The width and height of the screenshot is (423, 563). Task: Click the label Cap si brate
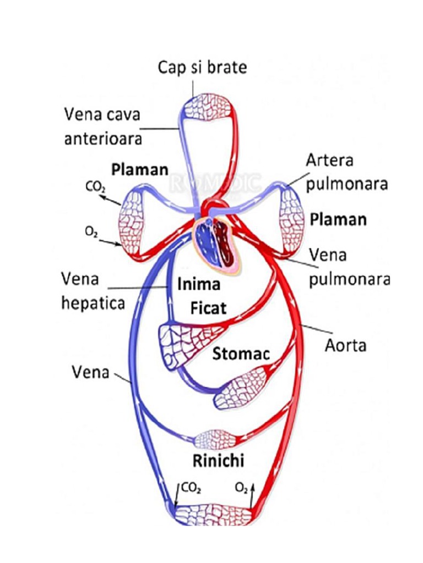click(x=202, y=67)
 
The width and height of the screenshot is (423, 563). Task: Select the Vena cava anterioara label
click(x=102, y=126)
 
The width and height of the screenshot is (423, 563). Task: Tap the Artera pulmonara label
click(x=346, y=172)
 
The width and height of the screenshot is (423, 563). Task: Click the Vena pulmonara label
click(x=349, y=267)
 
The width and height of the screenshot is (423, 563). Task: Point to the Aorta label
click(x=345, y=346)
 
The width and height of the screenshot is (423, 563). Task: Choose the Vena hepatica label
click(x=93, y=291)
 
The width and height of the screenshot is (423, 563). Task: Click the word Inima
click(x=198, y=284)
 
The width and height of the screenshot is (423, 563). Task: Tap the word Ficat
click(x=208, y=308)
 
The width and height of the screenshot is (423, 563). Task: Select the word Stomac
click(x=241, y=354)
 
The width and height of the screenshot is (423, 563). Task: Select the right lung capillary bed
click(x=292, y=220)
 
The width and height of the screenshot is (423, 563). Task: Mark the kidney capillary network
click(x=215, y=439)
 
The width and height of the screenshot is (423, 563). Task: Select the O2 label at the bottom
click(x=241, y=487)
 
